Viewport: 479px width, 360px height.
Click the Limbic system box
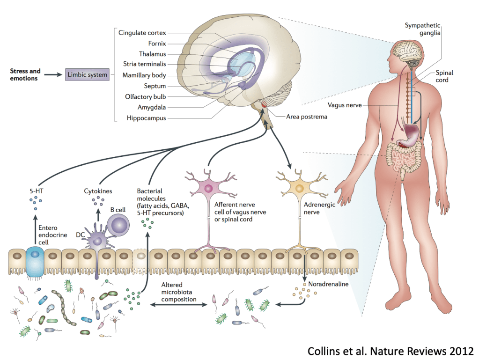click(87, 74)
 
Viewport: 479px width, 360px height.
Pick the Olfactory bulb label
click(146, 97)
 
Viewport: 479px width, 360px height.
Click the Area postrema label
click(307, 117)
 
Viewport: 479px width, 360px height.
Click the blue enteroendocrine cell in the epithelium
click(35, 260)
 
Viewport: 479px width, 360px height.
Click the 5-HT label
click(35, 191)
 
